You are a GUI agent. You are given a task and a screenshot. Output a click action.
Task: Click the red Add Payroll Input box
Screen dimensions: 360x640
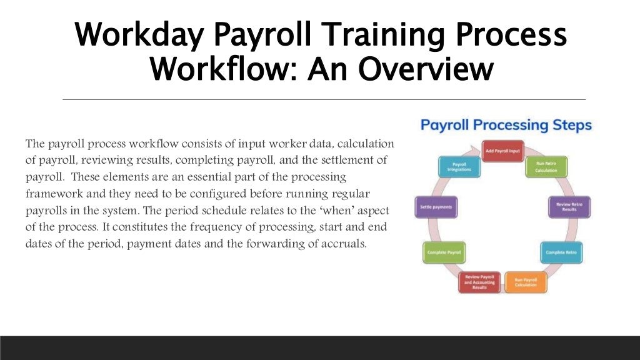coord(503,151)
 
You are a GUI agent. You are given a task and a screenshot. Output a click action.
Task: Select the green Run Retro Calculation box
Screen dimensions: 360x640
coord(546,167)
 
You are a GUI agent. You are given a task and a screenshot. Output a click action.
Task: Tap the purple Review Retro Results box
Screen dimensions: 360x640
coord(569,207)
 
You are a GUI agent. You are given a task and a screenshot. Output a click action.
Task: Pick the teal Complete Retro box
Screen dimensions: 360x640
coord(561,252)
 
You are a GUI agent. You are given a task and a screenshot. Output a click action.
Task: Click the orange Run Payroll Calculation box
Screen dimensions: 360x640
coord(525,282)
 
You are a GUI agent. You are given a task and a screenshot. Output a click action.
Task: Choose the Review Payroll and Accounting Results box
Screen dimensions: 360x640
coord(479,282)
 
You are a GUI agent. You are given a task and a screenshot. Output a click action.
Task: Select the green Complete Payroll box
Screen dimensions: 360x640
coord(444,252)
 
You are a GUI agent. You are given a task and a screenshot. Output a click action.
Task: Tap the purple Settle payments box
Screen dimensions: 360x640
coord(436,207)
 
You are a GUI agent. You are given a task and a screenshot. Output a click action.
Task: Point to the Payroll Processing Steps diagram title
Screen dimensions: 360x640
coord(506,125)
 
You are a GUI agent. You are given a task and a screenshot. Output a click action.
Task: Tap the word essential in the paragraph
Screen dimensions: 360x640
coord(202,177)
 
